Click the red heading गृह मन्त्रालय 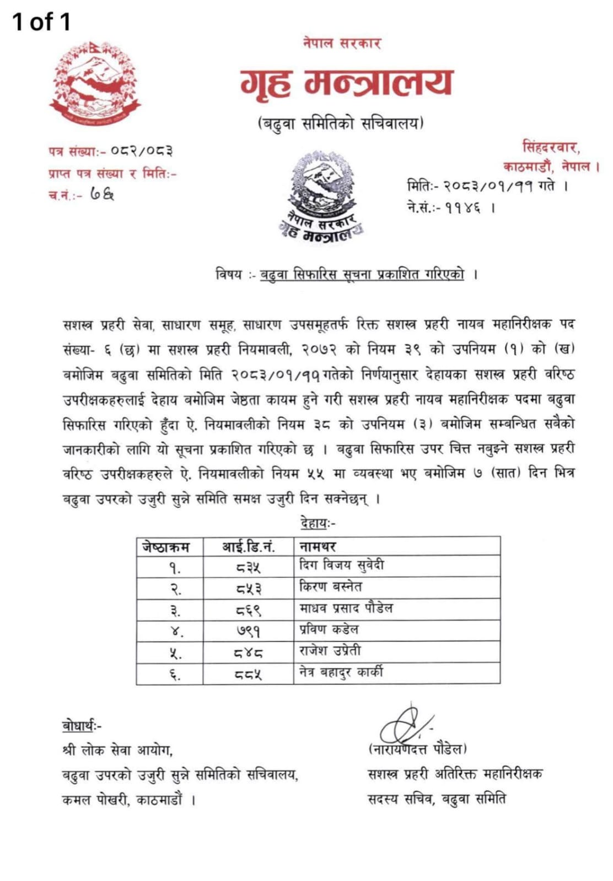pyautogui.click(x=346, y=83)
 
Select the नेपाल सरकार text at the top pyautogui.click(x=342, y=42)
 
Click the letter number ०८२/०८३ pyautogui.click(x=142, y=151)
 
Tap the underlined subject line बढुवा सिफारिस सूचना pyautogui.click(x=362, y=274)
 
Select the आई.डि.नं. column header pyautogui.click(x=248, y=546)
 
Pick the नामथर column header pyautogui.click(x=318, y=546)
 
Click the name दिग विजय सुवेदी pyautogui.click(x=341, y=565)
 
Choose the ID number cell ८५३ pyautogui.click(x=248, y=589)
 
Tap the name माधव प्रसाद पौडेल pyautogui.click(x=346, y=608)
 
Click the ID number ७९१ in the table pyautogui.click(x=248, y=631)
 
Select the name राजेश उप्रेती pyautogui.click(x=330, y=651)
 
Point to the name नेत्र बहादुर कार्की pyautogui.click(x=341, y=672)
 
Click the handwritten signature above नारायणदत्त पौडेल pyautogui.click(x=405, y=725)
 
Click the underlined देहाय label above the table pyautogui.click(x=317, y=523)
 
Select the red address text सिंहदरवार pyautogui.click(x=550, y=148)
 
